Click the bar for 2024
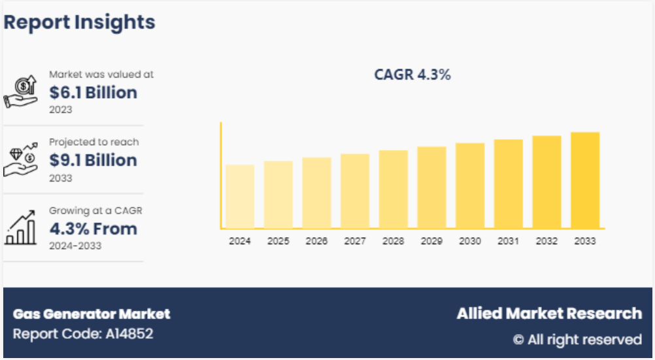click(240, 196)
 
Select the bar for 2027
click(355, 191)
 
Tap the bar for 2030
click(470, 186)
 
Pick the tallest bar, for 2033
click(585, 180)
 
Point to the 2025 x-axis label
click(278, 241)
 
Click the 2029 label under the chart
click(431, 241)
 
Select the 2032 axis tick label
click(546, 241)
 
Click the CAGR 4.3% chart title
click(412, 74)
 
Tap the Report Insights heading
click(80, 22)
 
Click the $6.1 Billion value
click(93, 92)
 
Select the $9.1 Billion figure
click(93, 160)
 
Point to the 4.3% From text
click(93, 229)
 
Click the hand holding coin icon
click(22, 92)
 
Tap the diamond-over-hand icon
click(22, 161)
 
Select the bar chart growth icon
click(22, 229)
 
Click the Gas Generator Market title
click(92, 314)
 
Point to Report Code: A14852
click(83, 334)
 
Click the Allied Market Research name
click(549, 314)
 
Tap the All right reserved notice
click(577, 340)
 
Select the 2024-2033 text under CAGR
click(75, 246)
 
